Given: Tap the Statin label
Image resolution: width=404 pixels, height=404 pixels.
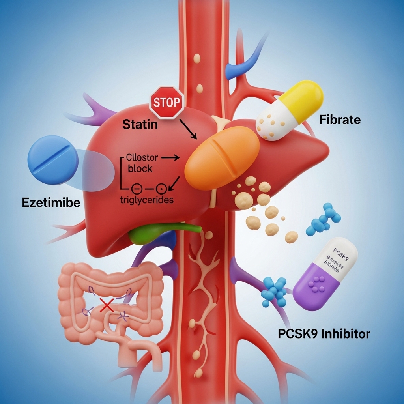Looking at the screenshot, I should pos(140,125).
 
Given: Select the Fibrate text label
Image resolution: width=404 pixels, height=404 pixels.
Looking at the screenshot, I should pos(340,120).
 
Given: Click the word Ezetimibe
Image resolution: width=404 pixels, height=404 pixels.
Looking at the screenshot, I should pos(51,203).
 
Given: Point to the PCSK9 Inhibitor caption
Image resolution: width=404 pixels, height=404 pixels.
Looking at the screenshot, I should pos(324,334).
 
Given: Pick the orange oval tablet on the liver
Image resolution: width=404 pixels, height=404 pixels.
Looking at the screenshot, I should pos(222,160).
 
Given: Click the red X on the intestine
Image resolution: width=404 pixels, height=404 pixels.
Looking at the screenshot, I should pos(106,305).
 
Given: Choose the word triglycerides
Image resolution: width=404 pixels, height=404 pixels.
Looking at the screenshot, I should pos(146,200).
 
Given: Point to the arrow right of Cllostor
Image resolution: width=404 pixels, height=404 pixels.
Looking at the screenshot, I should pos(170,157).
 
